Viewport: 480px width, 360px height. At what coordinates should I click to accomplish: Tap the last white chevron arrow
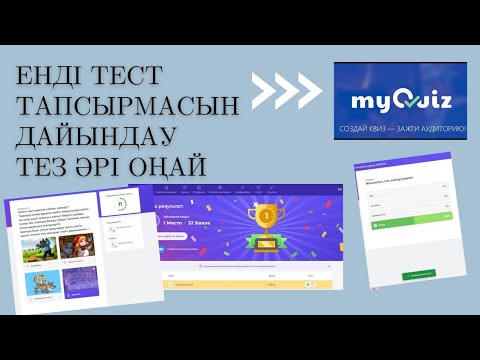tap(307, 93)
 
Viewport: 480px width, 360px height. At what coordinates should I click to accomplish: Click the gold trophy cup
tap(266, 217)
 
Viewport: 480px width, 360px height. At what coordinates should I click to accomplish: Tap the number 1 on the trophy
tap(266, 212)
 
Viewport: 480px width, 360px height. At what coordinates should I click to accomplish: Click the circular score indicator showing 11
tap(121, 204)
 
